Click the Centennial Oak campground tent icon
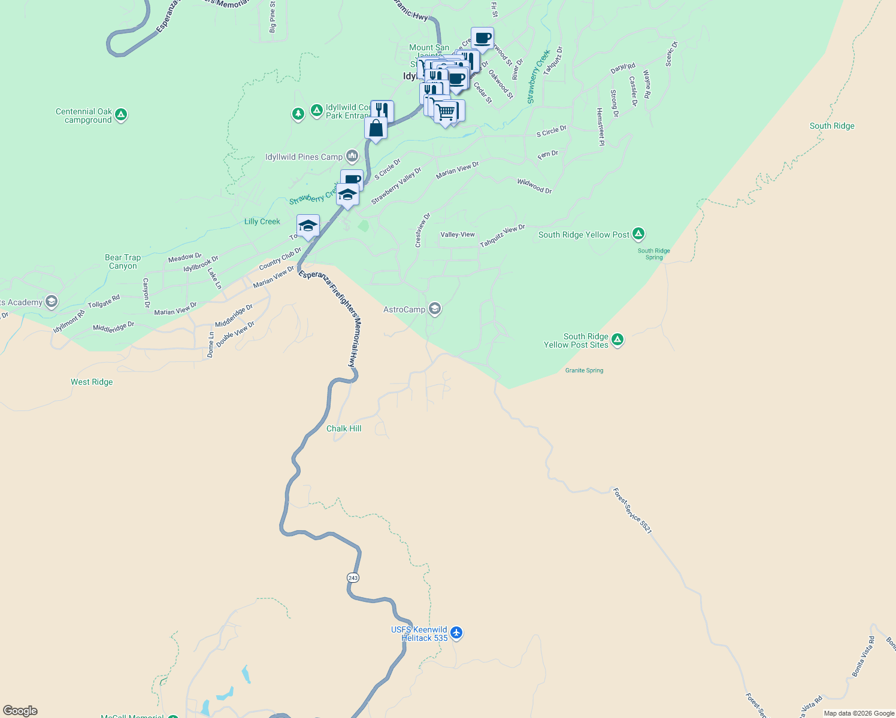tap(121, 114)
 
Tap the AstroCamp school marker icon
tap(435, 309)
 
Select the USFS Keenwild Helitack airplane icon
tap(456, 632)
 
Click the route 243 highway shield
tap(353, 577)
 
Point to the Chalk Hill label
tap(344, 428)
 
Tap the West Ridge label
tap(92, 382)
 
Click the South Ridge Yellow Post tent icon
tap(638, 233)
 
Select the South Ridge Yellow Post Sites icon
tap(617, 340)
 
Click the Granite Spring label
tap(584, 370)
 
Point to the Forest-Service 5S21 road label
tap(632, 510)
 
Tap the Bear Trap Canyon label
tap(123, 261)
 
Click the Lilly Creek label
tap(262, 221)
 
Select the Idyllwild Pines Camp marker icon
tap(352, 157)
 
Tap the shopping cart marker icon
tap(445, 112)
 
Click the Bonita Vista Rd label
tap(863, 657)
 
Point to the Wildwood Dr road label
tap(534, 185)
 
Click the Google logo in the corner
tap(20, 710)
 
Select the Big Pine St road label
tap(273, 17)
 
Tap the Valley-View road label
tap(458, 235)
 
